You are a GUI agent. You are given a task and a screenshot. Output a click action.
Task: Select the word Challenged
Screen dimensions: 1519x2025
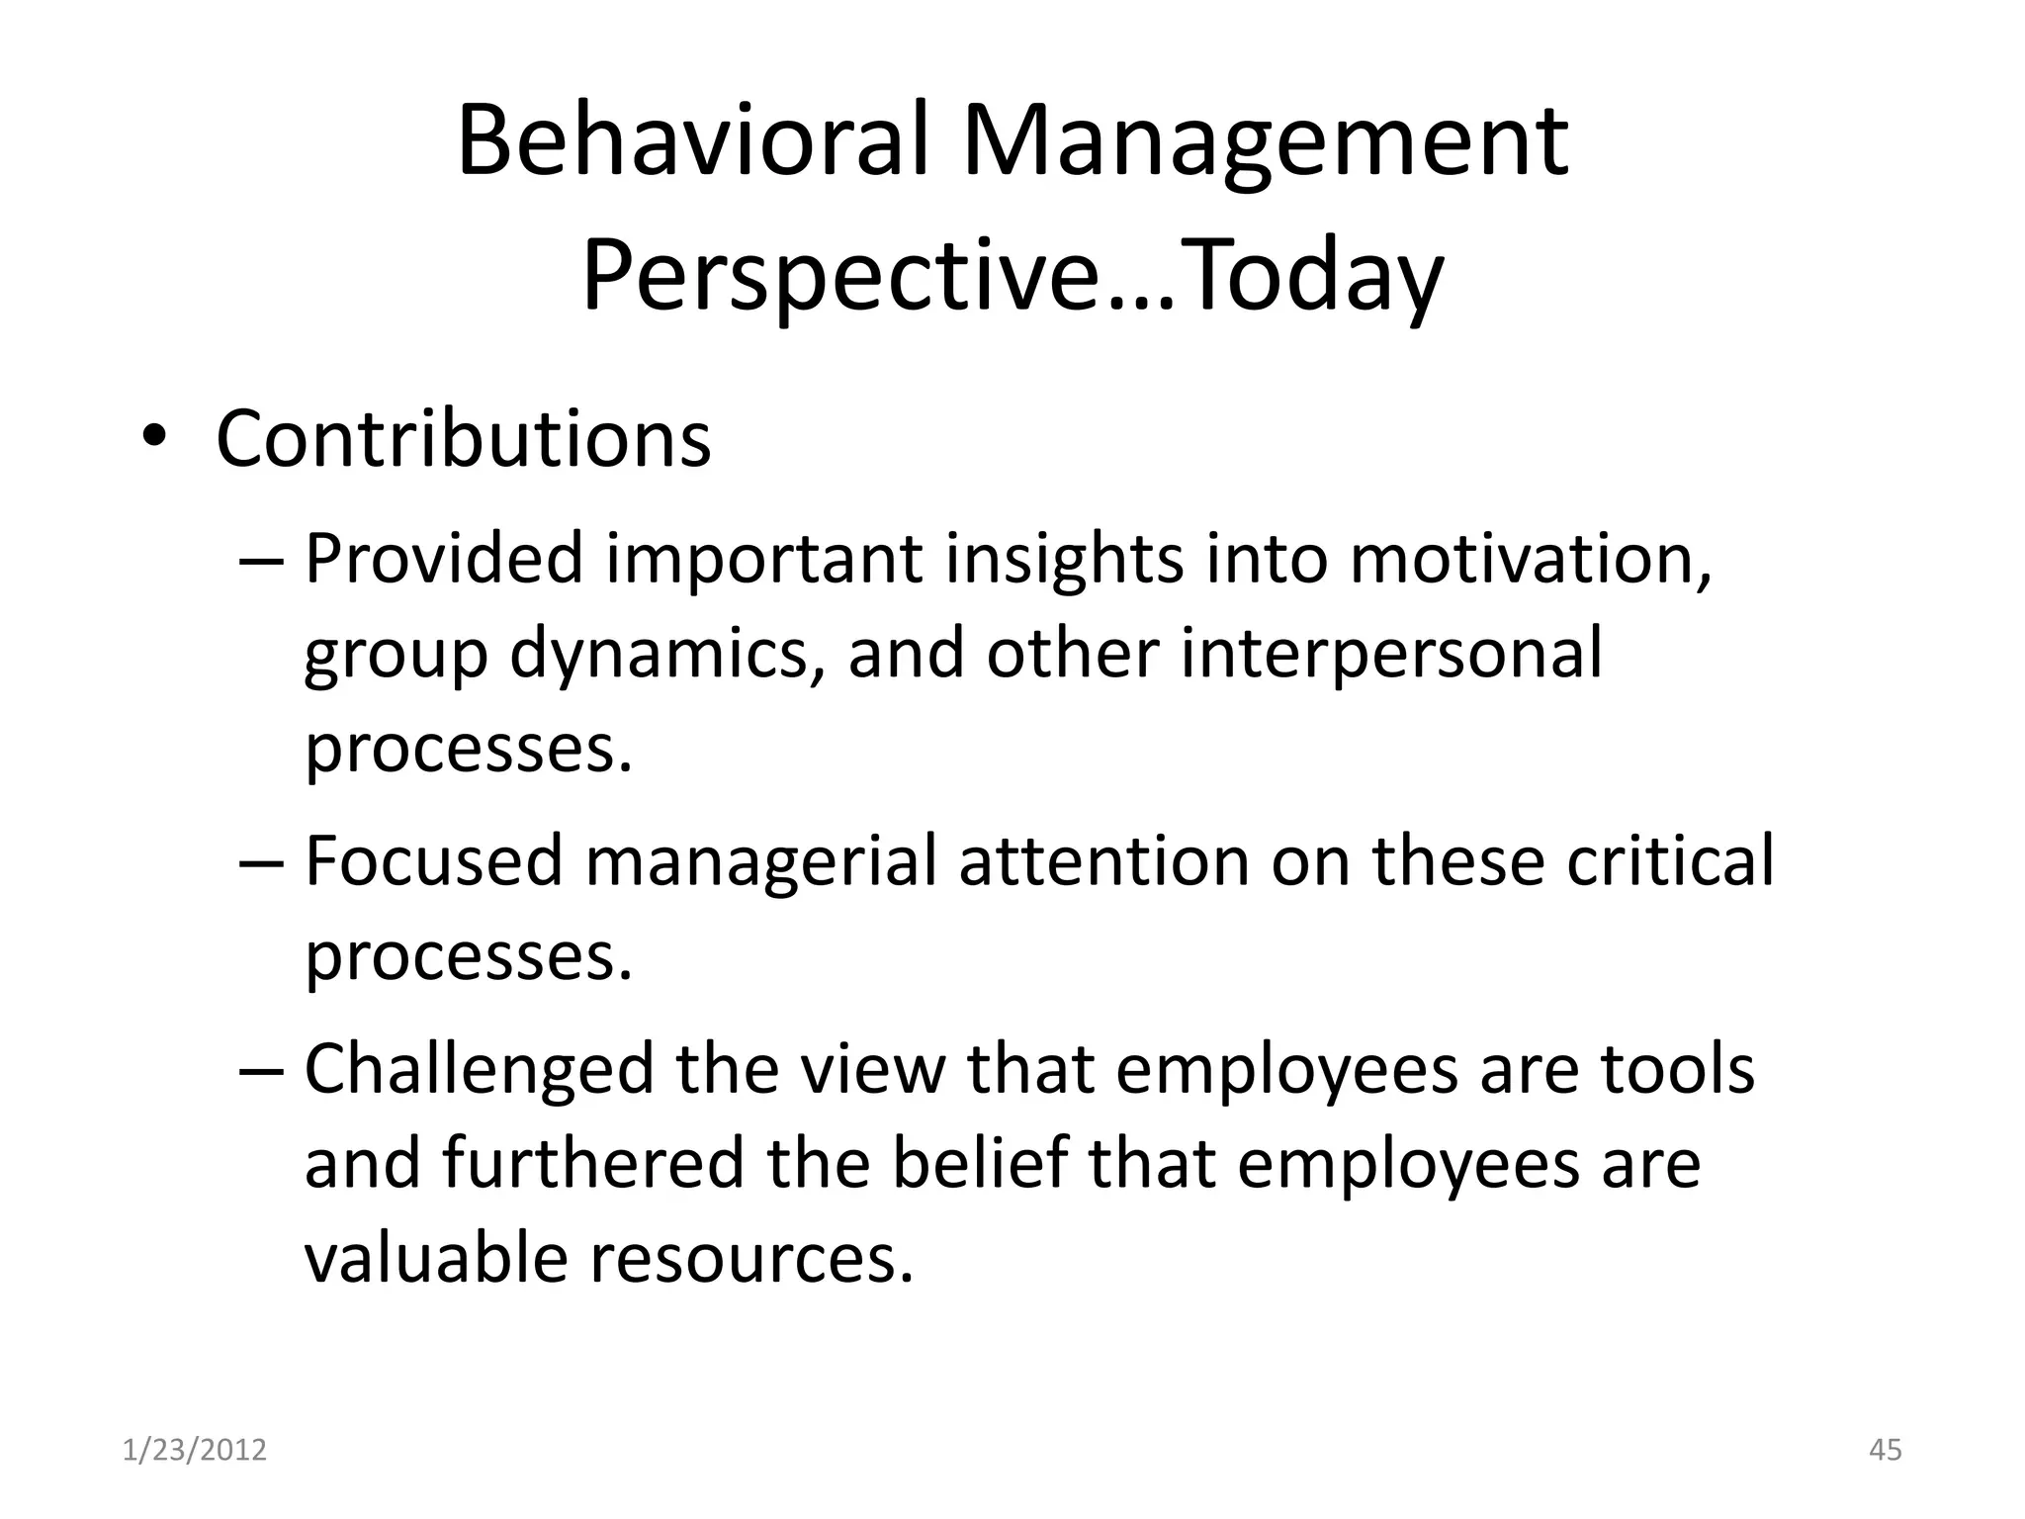(x=480, y=1069)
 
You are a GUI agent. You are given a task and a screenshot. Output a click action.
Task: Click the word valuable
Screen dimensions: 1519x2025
(x=435, y=1259)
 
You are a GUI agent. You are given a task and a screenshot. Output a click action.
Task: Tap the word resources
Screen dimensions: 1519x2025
(x=751, y=1259)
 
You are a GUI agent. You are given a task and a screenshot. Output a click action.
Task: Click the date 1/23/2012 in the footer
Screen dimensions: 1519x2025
(x=195, y=1450)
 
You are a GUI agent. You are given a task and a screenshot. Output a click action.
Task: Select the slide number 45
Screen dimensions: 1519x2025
(x=1886, y=1450)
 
